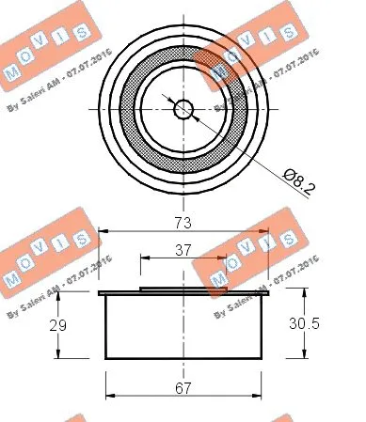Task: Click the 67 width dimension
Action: click(x=183, y=385)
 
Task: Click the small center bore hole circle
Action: click(x=183, y=108)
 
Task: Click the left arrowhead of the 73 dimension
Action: click(x=103, y=230)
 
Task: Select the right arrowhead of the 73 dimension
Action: click(x=265, y=230)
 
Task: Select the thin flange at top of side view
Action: click(x=183, y=293)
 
